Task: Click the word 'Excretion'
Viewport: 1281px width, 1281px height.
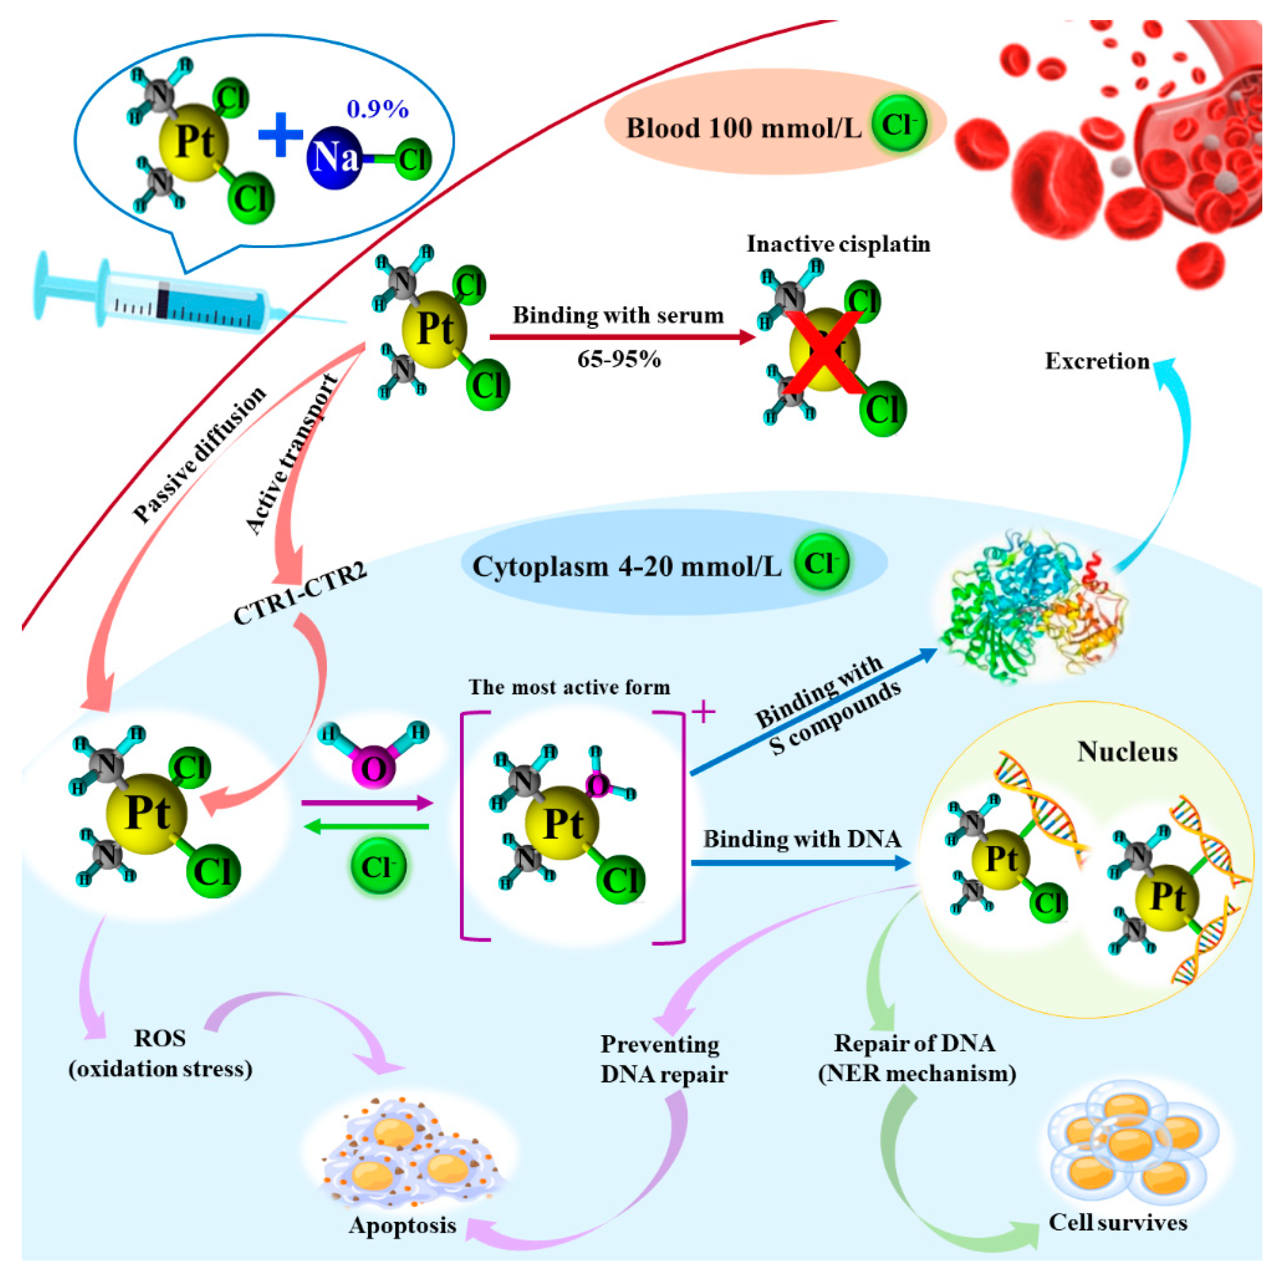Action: (1097, 362)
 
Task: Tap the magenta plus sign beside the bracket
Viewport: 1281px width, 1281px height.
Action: (703, 713)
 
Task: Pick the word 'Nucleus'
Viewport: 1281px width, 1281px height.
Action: (1127, 752)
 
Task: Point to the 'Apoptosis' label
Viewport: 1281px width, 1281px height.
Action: (403, 1224)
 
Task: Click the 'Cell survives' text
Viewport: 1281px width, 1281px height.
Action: (1117, 1222)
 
